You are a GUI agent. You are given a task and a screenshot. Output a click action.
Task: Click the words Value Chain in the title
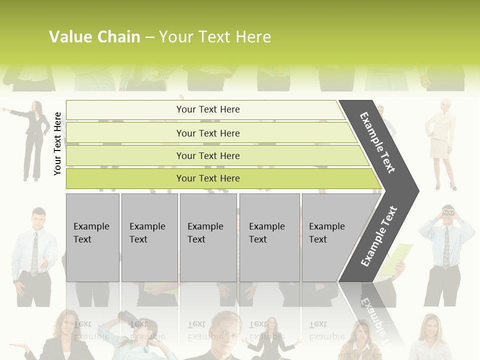pos(94,37)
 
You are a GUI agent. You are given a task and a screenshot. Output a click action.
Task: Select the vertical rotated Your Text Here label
pos(58,143)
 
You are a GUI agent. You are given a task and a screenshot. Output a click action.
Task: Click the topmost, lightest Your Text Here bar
pos(208,109)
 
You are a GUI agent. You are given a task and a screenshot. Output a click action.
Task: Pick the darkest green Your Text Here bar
pos(208,178)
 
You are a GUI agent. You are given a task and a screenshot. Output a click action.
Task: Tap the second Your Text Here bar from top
pos(208,133)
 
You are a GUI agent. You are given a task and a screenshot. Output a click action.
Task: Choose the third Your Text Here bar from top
pos(208,155)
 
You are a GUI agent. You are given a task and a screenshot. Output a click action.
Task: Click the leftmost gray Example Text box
pos(92,237)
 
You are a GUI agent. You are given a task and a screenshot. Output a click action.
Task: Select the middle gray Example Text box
pos(208,237)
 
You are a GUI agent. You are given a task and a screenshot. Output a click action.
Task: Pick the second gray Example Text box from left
pos(149,237)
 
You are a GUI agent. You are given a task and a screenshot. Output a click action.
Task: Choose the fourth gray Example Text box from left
pos(269,237)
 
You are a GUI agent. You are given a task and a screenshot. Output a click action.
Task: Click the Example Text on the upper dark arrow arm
pos(378,142)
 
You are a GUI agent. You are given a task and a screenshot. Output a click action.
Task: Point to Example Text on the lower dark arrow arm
pos(378,236)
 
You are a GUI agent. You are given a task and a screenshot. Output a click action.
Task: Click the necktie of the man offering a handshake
pos(34,253)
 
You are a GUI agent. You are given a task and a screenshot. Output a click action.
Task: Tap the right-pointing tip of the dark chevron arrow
pos(417,190)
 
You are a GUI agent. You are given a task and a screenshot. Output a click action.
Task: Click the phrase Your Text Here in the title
pos(215,37)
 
